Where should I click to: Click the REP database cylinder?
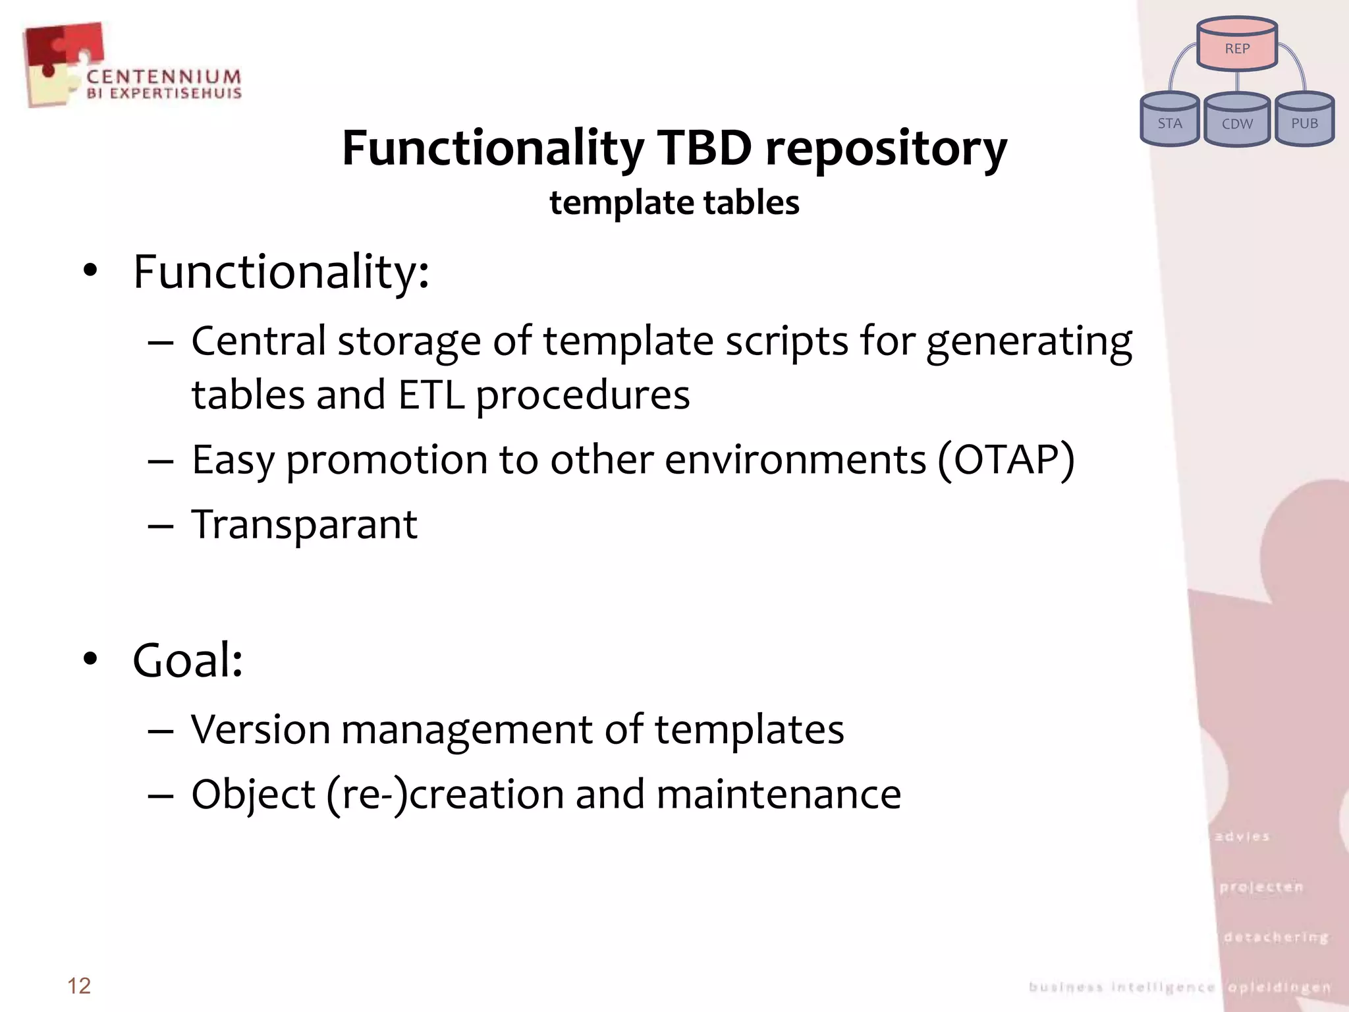[1237, 45]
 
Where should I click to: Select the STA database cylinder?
[1170, 120]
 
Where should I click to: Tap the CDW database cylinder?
[1237, 120]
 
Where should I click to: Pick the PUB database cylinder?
[1304, 120]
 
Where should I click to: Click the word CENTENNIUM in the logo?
[164, 77]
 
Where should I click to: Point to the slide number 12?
[79, 986]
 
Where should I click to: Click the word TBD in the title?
[704, 148]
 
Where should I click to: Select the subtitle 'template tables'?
[674, 202]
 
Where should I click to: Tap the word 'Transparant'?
[304, 524]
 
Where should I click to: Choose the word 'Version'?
[260, 729]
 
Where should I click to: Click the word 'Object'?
[254, 794]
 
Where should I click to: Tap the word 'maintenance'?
[779, 794]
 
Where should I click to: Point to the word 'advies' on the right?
[1242, 836]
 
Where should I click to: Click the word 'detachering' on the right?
[1276, 936]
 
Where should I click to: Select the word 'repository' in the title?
[886, 149]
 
